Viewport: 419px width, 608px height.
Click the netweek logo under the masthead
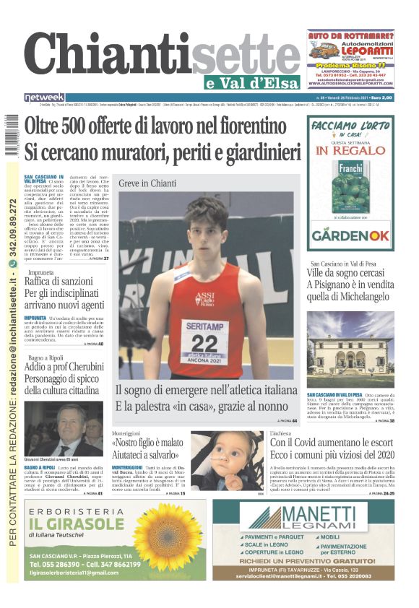tap(45, 97)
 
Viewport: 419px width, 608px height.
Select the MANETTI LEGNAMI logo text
tap(318, 516)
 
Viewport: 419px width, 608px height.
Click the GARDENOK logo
tap(350, 235)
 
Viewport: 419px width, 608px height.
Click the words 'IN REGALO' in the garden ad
tap(350, 151)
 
